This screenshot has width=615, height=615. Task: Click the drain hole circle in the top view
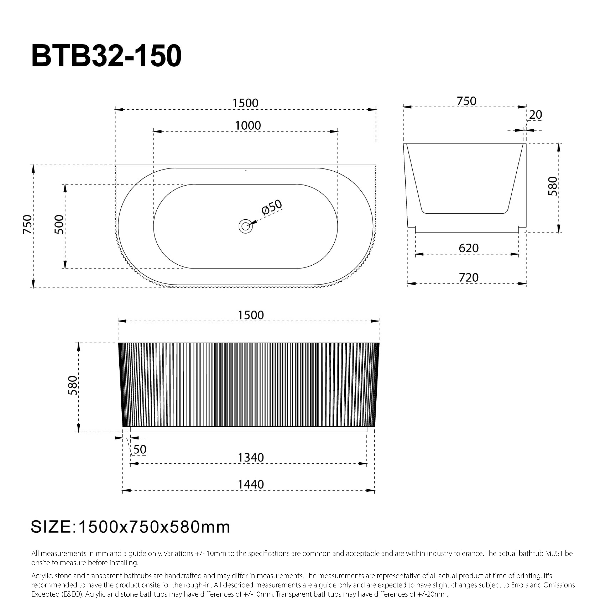[245, 226]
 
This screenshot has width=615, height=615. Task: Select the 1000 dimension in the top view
[248, 126]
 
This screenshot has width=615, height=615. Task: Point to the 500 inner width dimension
[59, 224]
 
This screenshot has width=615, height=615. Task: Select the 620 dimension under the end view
[468, 248]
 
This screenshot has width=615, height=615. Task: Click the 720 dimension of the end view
[468, 278]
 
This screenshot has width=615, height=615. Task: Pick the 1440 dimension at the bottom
[251, 485]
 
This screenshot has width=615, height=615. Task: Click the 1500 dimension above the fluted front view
[251, 315]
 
